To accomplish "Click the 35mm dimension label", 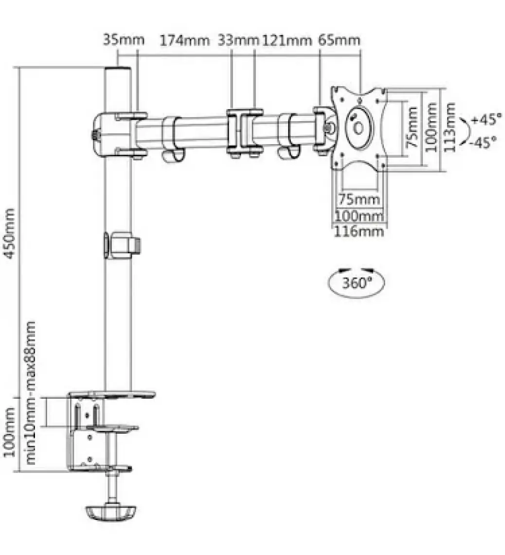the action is [x=124, y=39].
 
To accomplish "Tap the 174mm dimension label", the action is [x=185, y=40].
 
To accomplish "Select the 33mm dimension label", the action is [x=238, y=40].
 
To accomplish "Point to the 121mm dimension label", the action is [x=287, y=40].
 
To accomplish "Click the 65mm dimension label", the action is [x=339, y=39].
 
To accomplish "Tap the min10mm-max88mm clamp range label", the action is [x=31, y=393].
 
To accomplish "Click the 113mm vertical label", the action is [x=449, y=128].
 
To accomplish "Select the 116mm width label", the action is [x=359, y=231].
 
